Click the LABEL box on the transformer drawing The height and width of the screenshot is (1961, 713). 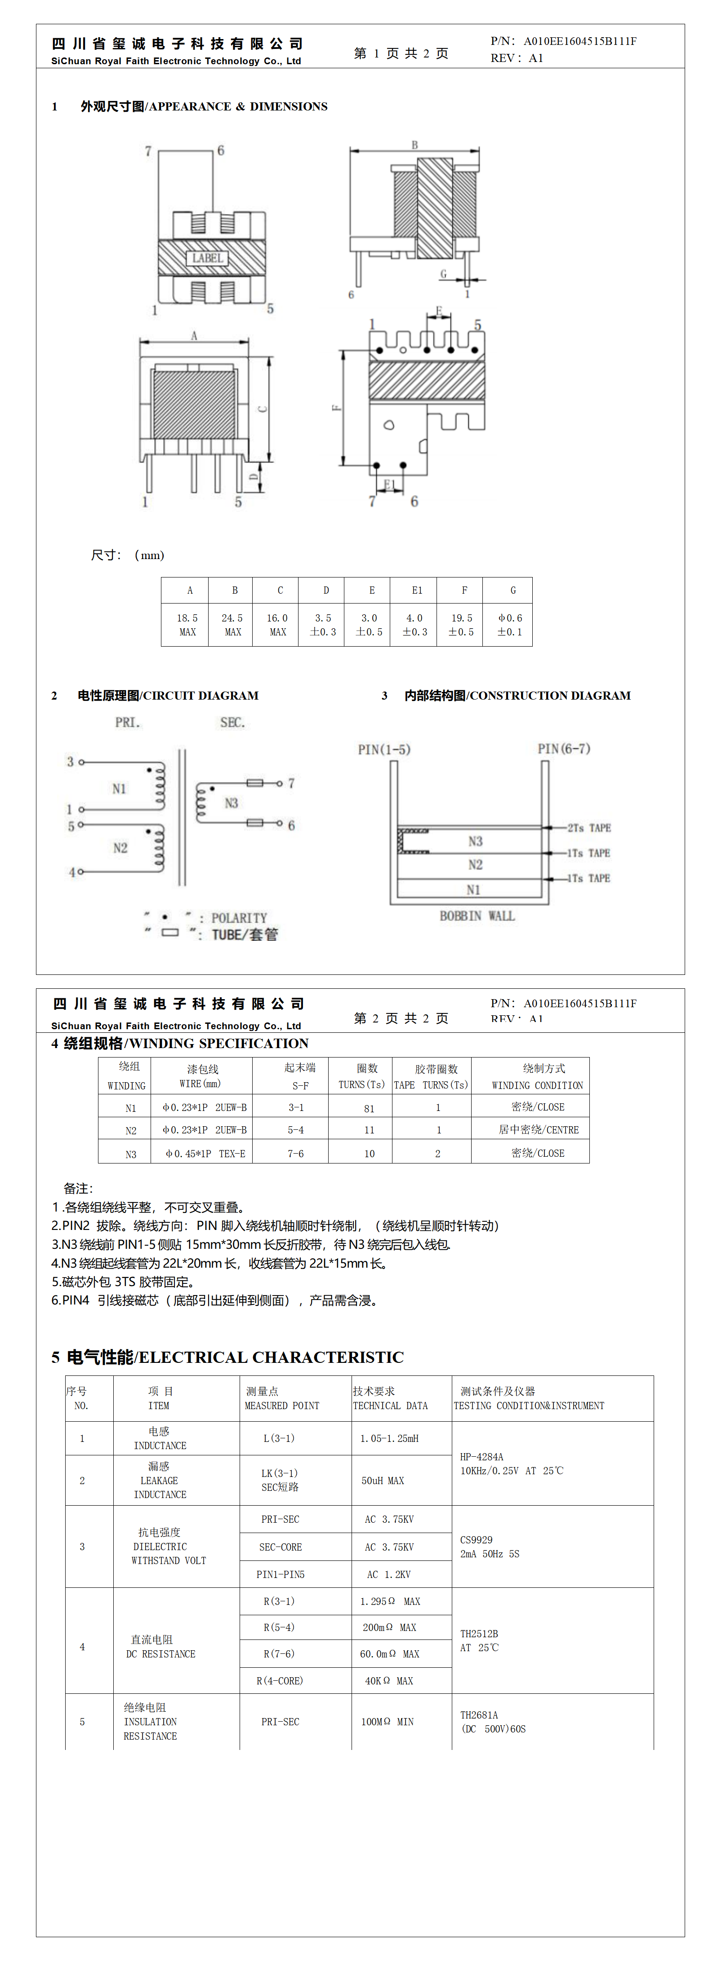207,258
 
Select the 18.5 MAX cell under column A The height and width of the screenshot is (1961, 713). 187,624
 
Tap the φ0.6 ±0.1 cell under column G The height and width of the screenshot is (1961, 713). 510,624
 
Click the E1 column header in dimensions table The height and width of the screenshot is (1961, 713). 417,590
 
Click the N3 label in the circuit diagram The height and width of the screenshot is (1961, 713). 231,803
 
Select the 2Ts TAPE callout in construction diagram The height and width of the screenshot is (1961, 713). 589,828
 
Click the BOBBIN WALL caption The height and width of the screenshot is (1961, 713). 477,916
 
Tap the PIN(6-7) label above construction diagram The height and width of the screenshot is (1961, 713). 564,749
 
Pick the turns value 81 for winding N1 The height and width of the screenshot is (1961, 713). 369,1108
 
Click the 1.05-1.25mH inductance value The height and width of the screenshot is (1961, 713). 389,1438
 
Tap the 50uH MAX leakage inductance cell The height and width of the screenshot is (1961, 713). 383,1481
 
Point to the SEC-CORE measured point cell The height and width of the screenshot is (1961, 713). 281,1547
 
